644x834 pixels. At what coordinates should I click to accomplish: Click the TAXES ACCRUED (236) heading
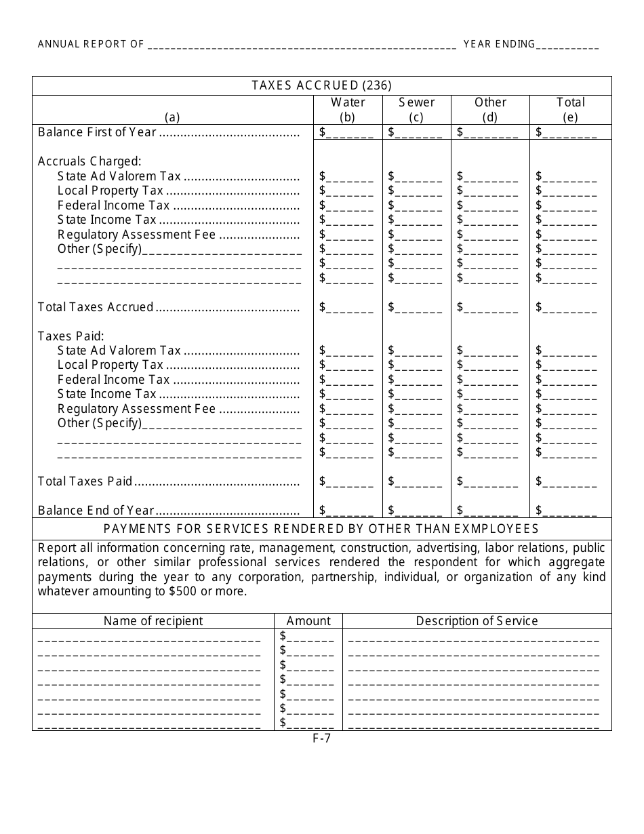click(321, 85)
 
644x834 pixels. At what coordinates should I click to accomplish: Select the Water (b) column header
click(347, 109)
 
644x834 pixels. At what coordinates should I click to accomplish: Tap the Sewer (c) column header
click(416, 109)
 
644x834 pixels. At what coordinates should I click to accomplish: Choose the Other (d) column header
click(490, 109)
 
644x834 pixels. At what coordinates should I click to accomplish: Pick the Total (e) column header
click(570, 109)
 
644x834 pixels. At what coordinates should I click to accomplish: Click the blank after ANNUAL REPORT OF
click(302, 45)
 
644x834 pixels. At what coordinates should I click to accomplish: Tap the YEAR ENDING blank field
click(567, 45)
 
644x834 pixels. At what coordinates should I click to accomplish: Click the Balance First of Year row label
click(97, 132)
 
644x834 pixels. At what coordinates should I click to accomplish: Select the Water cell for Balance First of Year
click(346, 133)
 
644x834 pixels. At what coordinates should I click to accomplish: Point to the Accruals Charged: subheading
click(89, 161)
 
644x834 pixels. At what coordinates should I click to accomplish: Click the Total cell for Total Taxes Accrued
click(566, 308)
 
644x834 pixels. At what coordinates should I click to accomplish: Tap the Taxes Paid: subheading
click(71, 336)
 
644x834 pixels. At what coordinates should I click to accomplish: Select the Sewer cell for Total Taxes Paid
click(415, 482)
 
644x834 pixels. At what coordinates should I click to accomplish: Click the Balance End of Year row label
click(96, 511)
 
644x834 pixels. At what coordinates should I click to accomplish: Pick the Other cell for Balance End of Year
click(487, 511)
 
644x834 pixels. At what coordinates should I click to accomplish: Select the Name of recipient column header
click(153, 621)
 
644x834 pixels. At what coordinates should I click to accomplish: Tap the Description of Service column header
click(477, 621)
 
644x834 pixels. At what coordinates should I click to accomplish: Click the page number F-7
click(321, 739)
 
